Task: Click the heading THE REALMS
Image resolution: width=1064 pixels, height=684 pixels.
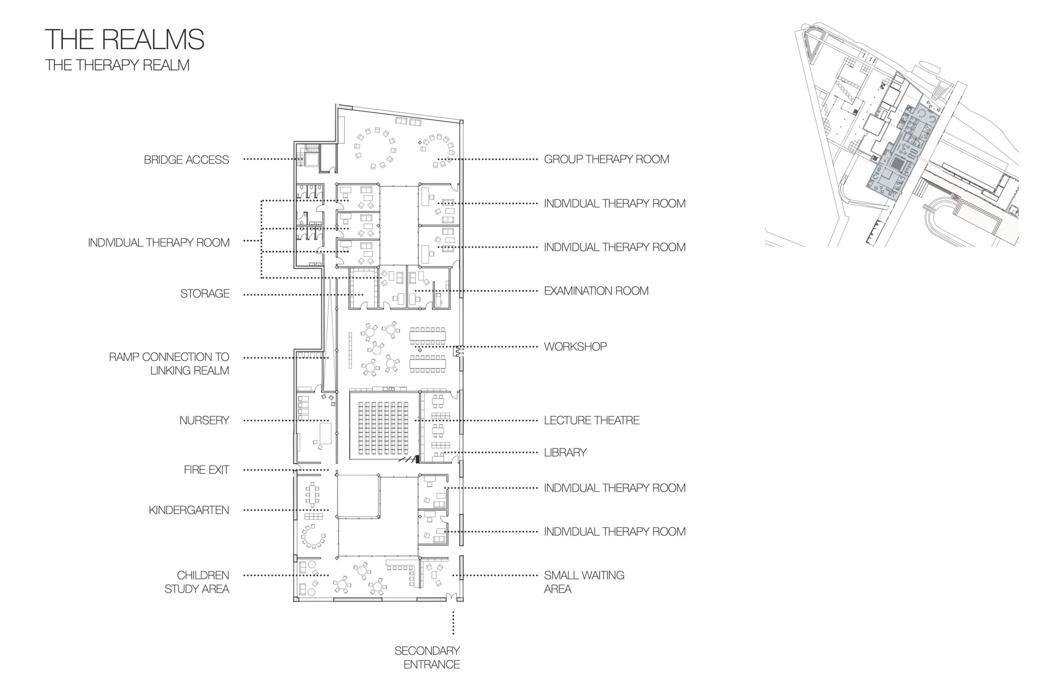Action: pyautogui.click(x=124, y=39)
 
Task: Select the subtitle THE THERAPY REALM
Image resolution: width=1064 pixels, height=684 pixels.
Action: pyautogui.click(x=117, y=65)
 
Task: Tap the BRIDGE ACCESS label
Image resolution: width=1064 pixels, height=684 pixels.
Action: pyautogui.click(x=186, y=160)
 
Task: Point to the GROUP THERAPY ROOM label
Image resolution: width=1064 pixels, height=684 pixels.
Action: pyautogui.click(x=606, y=159)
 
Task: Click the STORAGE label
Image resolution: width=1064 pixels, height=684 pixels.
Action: pyautogui.click(x=205, y=293)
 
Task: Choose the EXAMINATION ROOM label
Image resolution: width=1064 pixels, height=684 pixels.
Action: pyautogui.click(x=596, y=291)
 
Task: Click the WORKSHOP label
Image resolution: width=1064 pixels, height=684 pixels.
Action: pyautogui.click(x=575, y=347)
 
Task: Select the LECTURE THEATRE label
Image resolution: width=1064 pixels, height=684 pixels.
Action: pyautogui.click(x=592, y=420)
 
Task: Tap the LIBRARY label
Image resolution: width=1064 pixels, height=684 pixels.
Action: pyautogui.click(x=565, y=452)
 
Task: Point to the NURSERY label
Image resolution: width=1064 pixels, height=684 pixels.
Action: pyautogui.click(x=204, y=420)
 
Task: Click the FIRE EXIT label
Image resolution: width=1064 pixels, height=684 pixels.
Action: pyautogui.click(x=206, y=470)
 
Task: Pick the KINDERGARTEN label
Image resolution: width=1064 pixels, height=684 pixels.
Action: pyautogui.click(x=189, y=510)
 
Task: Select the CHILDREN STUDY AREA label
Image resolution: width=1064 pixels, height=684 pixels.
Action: pyautogui.click(x=197, y=582)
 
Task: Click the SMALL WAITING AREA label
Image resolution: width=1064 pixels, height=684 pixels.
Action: pyautogui.click(x=584, y=582)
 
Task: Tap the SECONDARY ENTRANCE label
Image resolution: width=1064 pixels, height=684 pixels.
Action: pyautogui.click(x=427, y=657)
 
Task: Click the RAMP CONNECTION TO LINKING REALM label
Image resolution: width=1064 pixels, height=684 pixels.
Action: pyautogui.click(x=169, y=363)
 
